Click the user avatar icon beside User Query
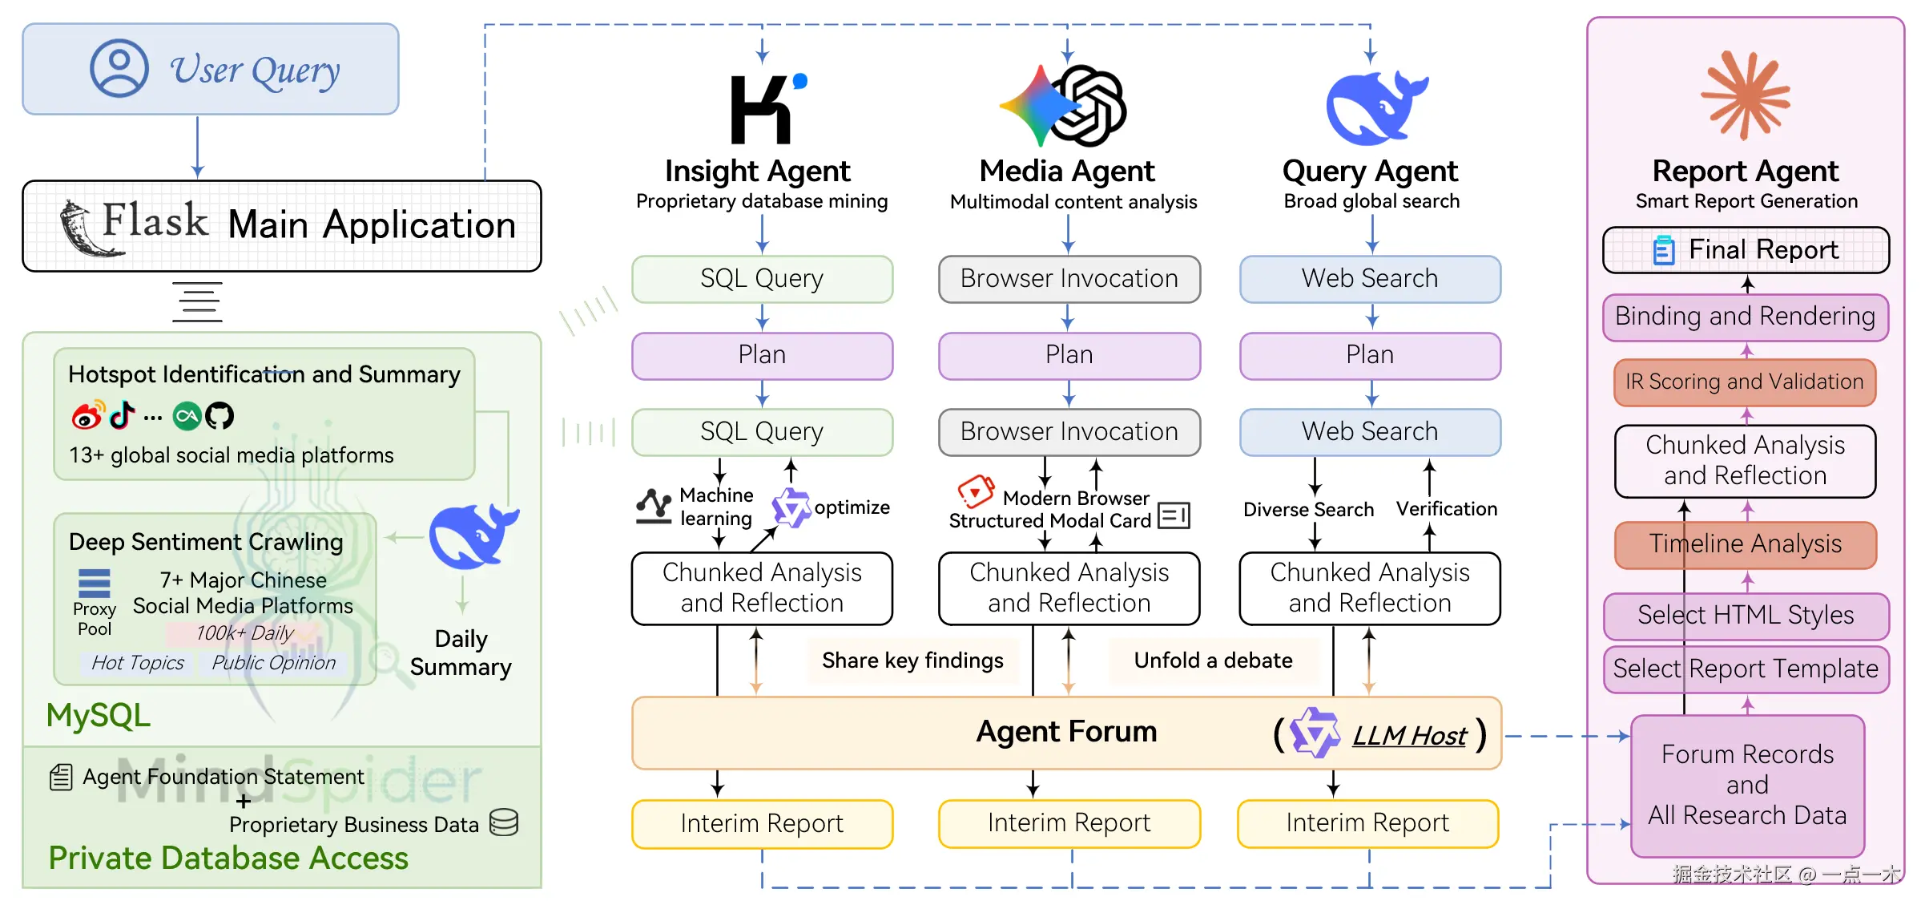(x=119, y=68)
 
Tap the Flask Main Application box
(x=281, y=225)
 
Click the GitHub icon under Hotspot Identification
(x=219, y=415)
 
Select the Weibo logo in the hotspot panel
(x=87, y=415)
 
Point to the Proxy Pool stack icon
(x=94, y=584)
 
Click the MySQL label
(x=98, y=715)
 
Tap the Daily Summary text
(x=461, y=652)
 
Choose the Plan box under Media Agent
(x=1069, y=355)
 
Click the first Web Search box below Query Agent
(x=1369, y=279)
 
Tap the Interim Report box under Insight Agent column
(x=761, y=823)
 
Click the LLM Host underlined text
(x=1408, y=735)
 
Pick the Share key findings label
(x=912, y=661)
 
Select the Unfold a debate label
(x=1212, y=661)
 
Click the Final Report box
(x=1746, y=250)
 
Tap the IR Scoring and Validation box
(x=1744, y=382)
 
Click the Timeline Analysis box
(x=1745, y=544)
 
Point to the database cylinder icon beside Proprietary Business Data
(x=504, y=822)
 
